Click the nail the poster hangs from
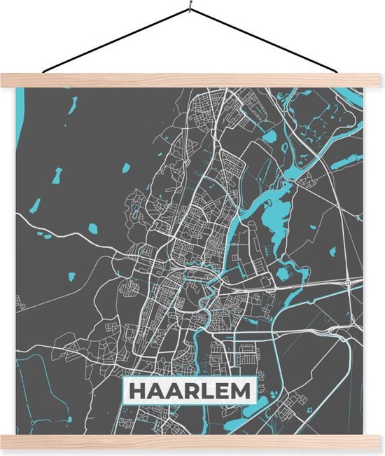189,8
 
